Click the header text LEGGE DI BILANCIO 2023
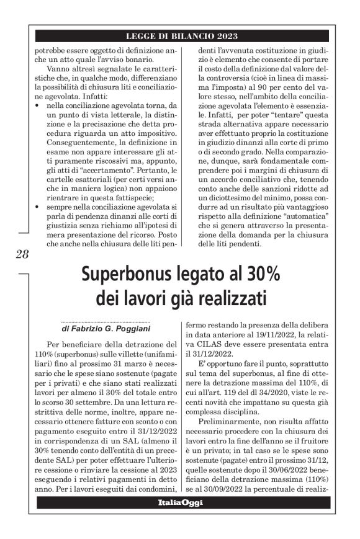(x=181, y=37)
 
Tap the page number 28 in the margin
(x=22, y=254)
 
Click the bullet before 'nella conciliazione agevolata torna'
(x=38, y=106)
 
